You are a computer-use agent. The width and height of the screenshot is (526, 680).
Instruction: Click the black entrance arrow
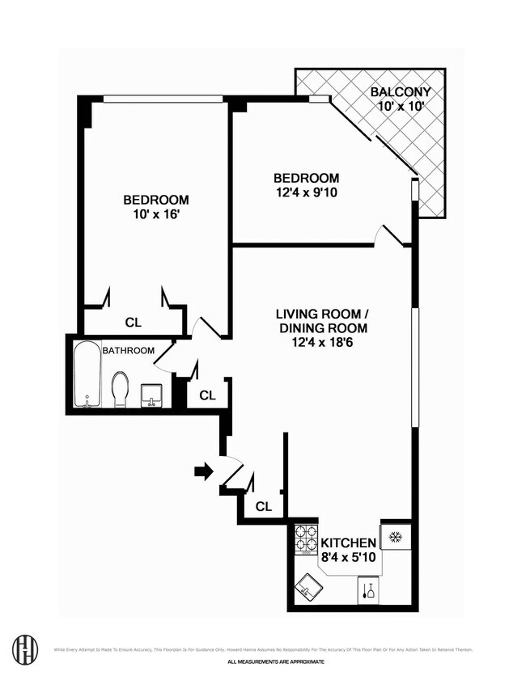[203, 471]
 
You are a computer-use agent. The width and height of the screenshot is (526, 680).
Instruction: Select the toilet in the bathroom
[121, 389]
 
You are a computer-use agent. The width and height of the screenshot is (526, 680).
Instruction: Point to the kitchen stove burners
[306, 539]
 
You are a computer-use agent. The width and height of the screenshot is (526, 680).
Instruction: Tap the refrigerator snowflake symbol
[397, 538]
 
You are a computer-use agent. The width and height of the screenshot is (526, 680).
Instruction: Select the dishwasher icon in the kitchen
[368, 591]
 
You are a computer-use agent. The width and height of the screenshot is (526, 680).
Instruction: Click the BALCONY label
[401, 91]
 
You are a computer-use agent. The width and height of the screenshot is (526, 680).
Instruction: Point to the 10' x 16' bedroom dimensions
[156, 215]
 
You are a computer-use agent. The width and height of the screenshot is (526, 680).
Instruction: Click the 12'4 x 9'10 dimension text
[306, 193]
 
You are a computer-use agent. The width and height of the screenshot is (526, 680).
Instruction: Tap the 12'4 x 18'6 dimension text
[322, 344]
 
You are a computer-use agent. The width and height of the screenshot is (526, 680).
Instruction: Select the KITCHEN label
[349, 543]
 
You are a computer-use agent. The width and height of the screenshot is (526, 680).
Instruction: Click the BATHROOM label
[128, 350]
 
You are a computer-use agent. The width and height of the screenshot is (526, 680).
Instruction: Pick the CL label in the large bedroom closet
[133, 322]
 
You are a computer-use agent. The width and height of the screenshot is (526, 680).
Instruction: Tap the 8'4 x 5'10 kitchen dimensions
[349, 558]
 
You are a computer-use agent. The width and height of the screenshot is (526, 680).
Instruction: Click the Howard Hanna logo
[25, 649]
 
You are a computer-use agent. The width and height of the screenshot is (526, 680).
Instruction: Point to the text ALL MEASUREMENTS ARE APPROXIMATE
[275, 661]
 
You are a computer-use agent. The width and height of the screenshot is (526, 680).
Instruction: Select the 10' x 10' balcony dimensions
[401, 106]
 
